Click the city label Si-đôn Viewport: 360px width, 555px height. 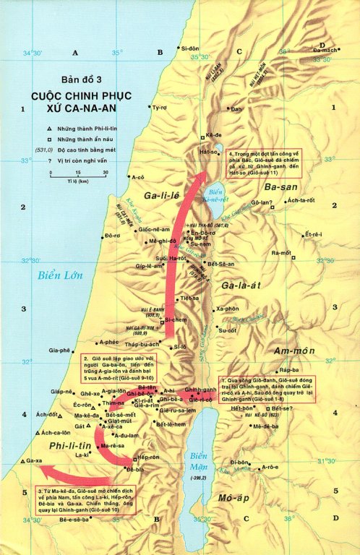pos(190,48)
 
